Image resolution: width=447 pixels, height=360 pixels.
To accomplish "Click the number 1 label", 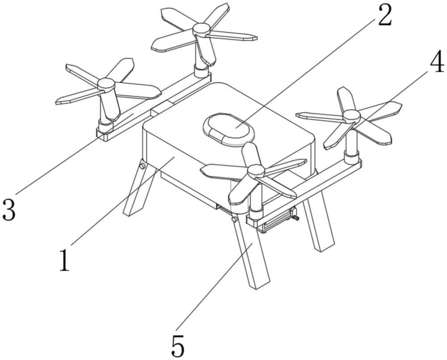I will click(65, 260).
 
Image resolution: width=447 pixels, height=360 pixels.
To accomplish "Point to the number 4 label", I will click(437, 64).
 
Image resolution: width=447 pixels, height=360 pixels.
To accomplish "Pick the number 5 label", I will click(177, 345).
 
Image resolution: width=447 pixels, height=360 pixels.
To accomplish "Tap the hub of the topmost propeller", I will click(201, 30).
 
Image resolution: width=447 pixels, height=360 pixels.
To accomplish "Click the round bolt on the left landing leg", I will click(142, 167).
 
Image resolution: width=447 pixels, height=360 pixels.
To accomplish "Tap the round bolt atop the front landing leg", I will click(233, 220).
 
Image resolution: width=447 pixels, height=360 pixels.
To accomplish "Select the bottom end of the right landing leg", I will click(325, 247).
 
